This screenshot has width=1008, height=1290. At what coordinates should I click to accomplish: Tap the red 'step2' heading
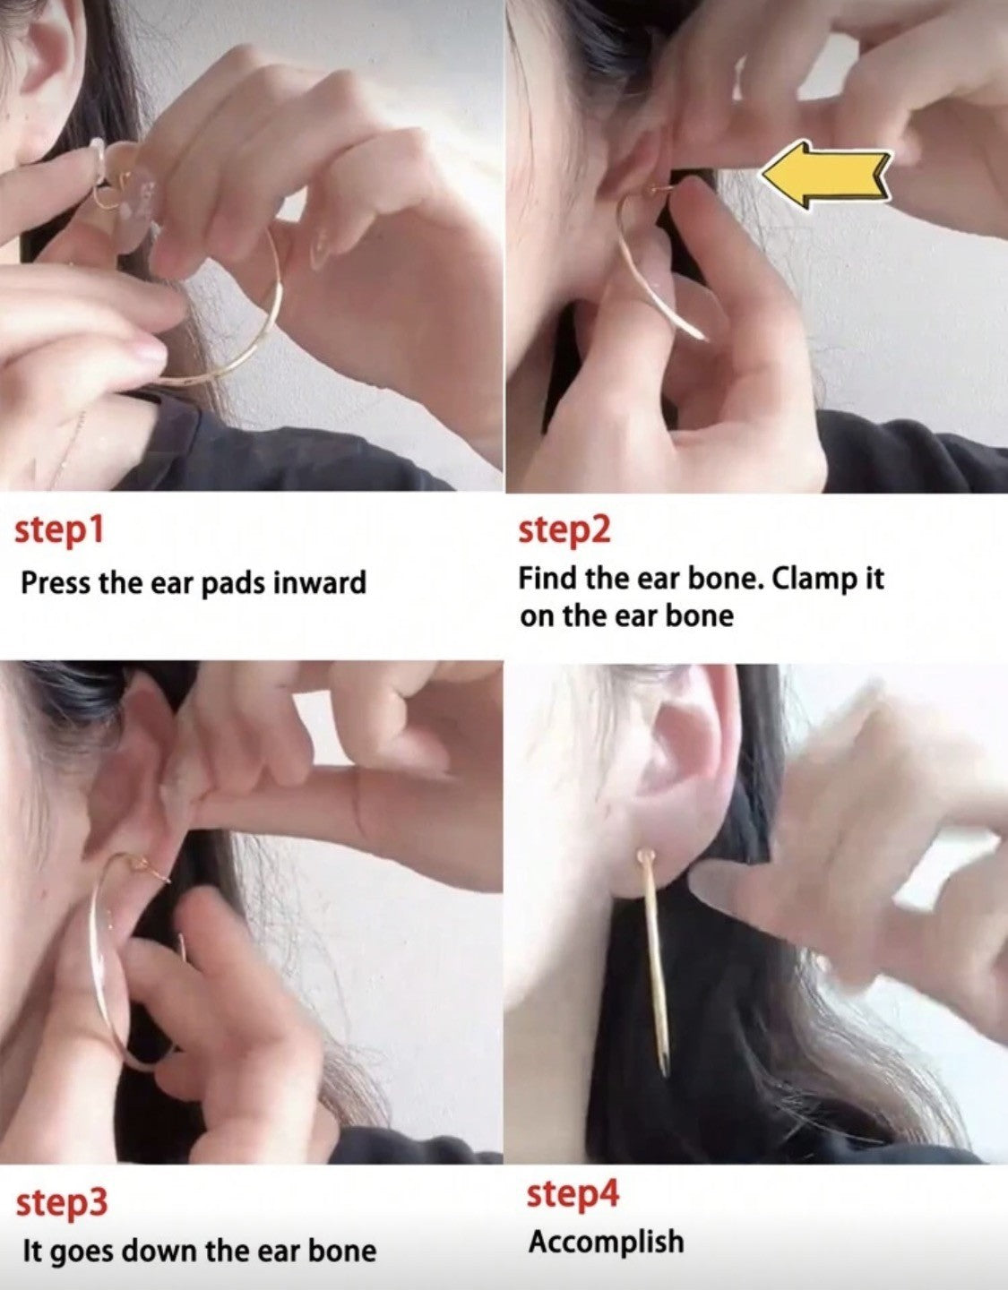[x=564, y=530]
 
